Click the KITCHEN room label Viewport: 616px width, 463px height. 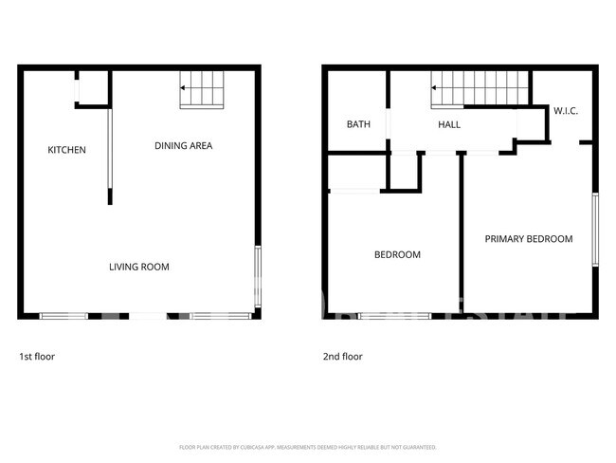click(x=67, y=150)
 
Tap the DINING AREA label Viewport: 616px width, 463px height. click(x=183, y=146)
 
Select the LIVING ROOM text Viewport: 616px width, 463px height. click(x=138, y=267)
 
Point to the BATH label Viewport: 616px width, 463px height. click(x=358, y=124)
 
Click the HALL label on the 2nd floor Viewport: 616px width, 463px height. click(x=448, y=124)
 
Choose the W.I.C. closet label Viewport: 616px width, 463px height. click(x=566, y=111)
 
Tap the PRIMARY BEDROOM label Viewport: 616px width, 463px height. click(x=529, y=239)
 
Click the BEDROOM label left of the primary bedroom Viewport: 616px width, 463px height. click(x=397, y=254)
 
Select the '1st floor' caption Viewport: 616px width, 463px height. click(x=37, y=357)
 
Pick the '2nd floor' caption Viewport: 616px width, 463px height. click(x=342, y=357)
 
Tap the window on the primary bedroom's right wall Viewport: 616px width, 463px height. click(x=595, y=228)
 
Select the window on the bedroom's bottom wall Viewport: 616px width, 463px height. click(x=393, y=315)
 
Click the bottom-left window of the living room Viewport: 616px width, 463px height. click(x=63, y=315)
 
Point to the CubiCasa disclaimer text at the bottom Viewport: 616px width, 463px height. click(x=307, y=446)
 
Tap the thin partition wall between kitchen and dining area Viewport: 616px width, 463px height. click(x=110, y=152)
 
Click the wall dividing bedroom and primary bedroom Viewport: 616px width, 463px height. click(x=462, y=232)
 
